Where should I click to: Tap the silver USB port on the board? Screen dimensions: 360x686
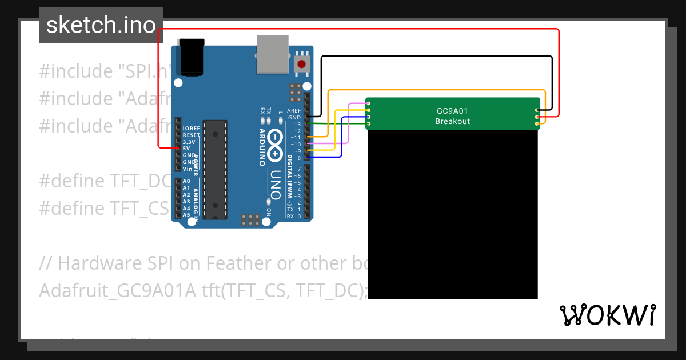pyautogui.click(x=273, y=54)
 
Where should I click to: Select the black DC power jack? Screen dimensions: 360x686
pyautogui.click(x=192, y=57)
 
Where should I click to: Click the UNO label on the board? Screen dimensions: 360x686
pyautogui.click(x=275, y=185)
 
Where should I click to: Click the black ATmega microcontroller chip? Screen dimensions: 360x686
pyautogui.click(x=215, y=169)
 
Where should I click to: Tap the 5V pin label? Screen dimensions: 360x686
pyautogui.click(x=186, y=148)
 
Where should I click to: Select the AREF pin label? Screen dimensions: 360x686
pyautogui.click(x=294, y=110)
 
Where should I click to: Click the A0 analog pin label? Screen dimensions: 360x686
pyautogui.click(x=186, y=181)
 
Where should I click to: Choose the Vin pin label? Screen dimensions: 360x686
pyautogui.click(x=187, y=169)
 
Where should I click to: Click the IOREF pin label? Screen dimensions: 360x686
pyautogui.click(x=191, y=128)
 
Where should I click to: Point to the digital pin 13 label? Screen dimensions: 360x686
pyautogui.click(x=297, y=124)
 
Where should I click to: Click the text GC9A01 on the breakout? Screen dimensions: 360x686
pyautogui.click(x=452, y=111)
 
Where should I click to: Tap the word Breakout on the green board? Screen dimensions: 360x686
pyautogui.click(x=452, y=121)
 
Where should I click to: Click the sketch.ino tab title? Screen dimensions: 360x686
pyautogui.click(x=101, y=25)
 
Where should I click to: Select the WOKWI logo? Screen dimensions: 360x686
pyautogui.click(x=607, y=315)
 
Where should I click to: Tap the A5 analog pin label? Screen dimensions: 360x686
pyautogui.click(x=186, y=215)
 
